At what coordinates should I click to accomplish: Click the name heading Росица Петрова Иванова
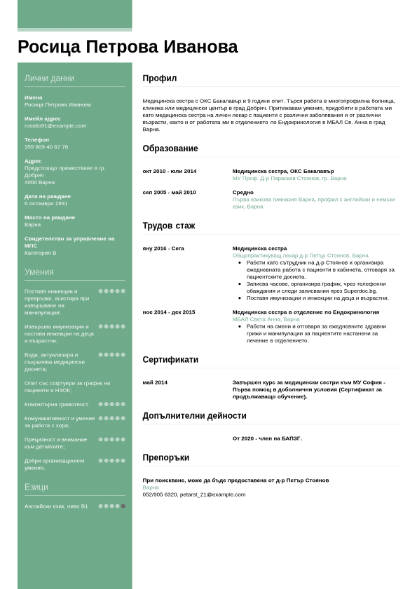tap(128, 47)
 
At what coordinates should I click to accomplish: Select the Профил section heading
tap(160, 78)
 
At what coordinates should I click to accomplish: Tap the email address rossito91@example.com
tap(55, 126)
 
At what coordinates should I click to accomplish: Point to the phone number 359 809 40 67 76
tap(46, 147)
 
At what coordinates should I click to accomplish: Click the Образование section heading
tap(170, 148)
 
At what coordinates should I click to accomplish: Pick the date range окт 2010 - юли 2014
tap(170, 172)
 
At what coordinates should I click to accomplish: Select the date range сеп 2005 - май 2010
tap(169, 193)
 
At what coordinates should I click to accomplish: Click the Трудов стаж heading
tap(169, 226)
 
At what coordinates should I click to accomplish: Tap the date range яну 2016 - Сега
tap(163, 249)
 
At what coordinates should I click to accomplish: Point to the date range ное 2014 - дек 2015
tap(169, 312)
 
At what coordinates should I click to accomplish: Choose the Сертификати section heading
tap(170, 360)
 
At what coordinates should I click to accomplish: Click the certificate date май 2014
tap(155, 382)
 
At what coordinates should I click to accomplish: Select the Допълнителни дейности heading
tap(194, 415)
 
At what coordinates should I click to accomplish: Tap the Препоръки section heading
tap(166, 458)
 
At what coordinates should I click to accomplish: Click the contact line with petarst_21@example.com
tap(194, 494)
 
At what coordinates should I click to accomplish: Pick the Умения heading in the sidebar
tap(39, 272)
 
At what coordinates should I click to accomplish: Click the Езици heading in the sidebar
tap(36, 487)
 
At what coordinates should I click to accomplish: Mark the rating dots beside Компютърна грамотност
tap(111, 404)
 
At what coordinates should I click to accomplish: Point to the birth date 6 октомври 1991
tap(46, 204)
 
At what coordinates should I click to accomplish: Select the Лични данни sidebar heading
tap(49, 78)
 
